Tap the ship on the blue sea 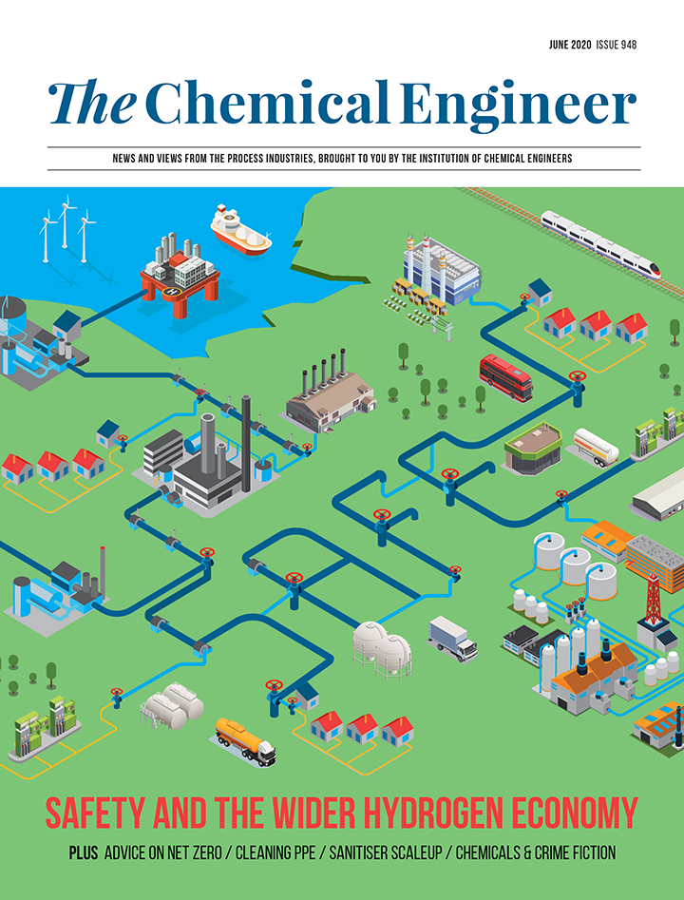pos(240,228)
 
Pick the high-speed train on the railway pos(607,242)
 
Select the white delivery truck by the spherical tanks pos(452,637)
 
